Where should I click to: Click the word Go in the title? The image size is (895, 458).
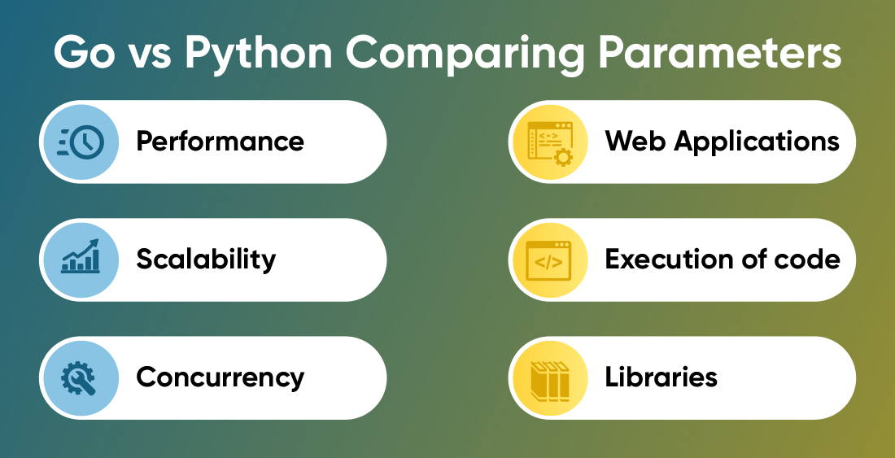[83, 53]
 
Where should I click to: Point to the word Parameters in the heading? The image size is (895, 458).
[718, 53]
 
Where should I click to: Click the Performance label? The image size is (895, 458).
[220, 141]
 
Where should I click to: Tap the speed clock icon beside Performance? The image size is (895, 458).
[81, 142]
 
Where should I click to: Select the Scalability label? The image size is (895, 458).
[206, 259]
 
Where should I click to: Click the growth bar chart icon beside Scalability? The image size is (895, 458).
[81, 255]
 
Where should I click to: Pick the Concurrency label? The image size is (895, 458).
[220, 377]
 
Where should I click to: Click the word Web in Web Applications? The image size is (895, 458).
[636, 141]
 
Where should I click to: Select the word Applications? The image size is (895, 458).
[757, 142]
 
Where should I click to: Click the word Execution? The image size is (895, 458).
[670, 260]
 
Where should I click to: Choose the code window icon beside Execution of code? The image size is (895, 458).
[548, 260]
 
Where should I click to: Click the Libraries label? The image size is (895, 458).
[661, 377]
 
